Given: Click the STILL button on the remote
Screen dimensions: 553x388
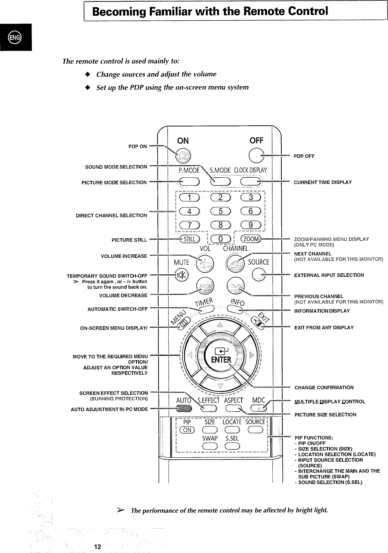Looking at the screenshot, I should click(x=191, y=240).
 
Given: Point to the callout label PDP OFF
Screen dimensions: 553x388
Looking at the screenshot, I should click(x=304, y=156).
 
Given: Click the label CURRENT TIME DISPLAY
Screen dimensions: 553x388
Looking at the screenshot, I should click(x=322, y=182).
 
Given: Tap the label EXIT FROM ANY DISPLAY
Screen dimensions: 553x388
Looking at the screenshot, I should click(x=324, y=328).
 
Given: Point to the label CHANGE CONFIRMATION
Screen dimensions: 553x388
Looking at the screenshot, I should click(x=324, y=388).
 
